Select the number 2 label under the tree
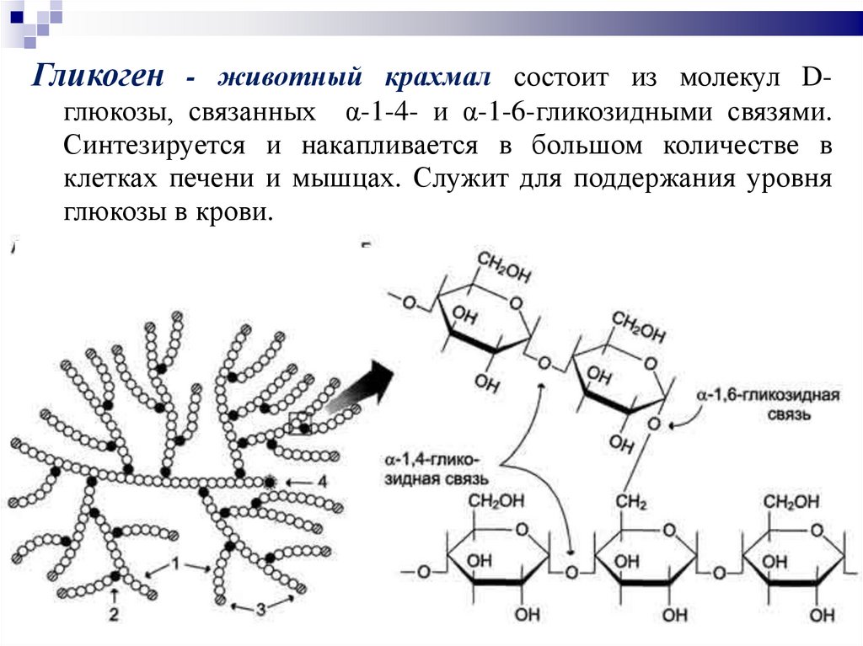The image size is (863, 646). click(x=114, y=614)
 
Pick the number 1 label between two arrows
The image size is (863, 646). click(x=176, y=563)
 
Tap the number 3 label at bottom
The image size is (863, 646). click(x=260, y=607)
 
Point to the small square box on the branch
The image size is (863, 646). click(x=299, y=424)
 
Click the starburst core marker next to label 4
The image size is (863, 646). click(x=270, y=482)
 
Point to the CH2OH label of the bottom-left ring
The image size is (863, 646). click(x=497, y=503)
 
